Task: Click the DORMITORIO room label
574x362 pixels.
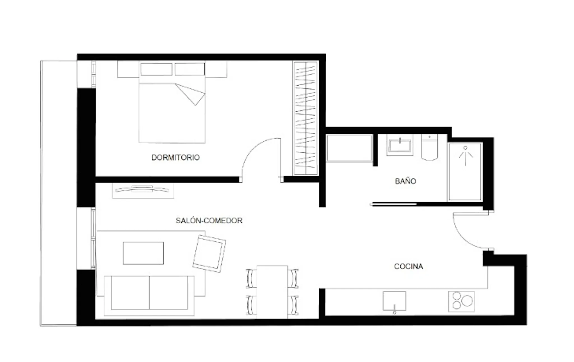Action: pos(175,157)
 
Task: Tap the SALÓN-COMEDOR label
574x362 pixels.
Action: pos(209,220)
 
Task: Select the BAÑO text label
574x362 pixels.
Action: pos(405,181)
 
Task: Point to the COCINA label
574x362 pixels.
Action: pos(408,266)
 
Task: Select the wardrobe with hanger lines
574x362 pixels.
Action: pos(305,118)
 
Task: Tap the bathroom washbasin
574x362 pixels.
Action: pos(400,145)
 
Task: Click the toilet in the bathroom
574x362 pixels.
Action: pos(429,147)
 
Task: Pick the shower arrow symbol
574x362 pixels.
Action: pos(466,156)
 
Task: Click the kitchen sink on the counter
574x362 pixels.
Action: pos(394,301)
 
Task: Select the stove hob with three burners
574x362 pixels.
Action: pos(461,302)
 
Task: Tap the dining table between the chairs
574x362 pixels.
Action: pos(272,292)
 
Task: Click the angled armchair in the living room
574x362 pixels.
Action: pos(209,254)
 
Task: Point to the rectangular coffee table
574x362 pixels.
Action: pos(143,253)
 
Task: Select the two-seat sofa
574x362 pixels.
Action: pos(149,296)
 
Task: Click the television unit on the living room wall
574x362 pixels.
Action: pos(143,190)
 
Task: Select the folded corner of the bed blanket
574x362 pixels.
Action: pos(190,94)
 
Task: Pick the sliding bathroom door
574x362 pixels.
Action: pos(394,204)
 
